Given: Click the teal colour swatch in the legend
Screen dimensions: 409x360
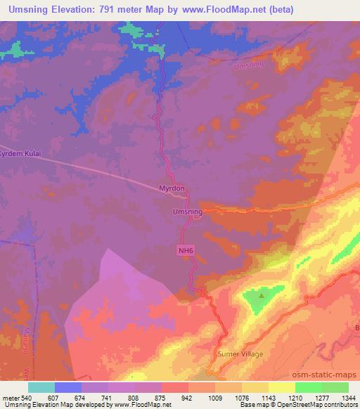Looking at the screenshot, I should tap(41, 387).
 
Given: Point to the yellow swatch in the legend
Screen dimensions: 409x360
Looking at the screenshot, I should tap(281, 387).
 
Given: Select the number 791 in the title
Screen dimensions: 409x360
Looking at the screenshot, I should tap(103, 10).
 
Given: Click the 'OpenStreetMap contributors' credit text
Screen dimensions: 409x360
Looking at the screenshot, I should tap(316, 405).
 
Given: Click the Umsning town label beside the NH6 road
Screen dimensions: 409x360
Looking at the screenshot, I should tap(187, 210).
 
